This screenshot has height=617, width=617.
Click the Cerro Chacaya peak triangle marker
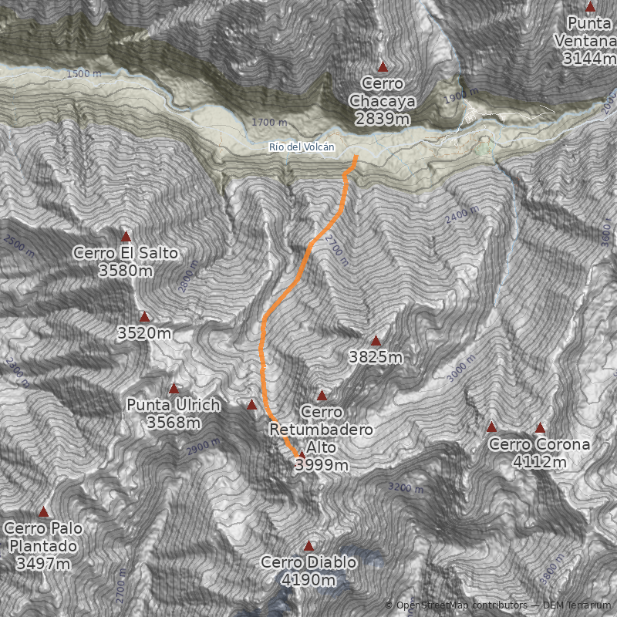pos(383,67)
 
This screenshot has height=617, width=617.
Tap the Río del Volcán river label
pos(302,147)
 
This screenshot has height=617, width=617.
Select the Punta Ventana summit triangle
pos(591,8)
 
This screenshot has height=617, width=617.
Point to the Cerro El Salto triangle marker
pos(126,237)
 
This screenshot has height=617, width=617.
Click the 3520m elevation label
pos(144,333)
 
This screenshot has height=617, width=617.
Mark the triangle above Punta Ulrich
pos(174,389)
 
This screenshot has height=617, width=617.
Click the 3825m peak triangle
pos(376,341)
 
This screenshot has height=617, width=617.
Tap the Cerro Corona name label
pos(539,444)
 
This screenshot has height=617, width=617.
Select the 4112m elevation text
pos(539,462)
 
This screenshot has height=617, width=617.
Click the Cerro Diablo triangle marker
pos(309,545)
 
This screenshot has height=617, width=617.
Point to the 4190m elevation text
pos(308,580)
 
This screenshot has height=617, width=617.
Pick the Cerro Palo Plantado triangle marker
pos(44,512)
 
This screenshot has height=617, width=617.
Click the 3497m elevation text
pos(43,563)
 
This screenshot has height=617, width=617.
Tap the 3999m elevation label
pos(322,465)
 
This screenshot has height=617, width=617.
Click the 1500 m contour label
pos(83,74)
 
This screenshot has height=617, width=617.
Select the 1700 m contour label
pos(269,123)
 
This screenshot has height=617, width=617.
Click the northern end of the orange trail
pos(356,158)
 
